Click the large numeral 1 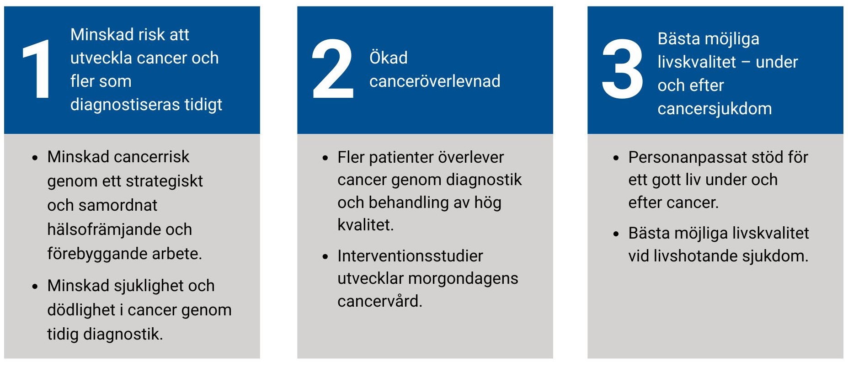tap(37, 69)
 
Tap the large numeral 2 tap(333, 69)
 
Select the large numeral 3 tap(622, 69)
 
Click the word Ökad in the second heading tap(388, 58)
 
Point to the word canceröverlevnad tap(435, 81)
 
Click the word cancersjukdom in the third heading tap(715, 109)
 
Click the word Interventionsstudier tap(410, 256)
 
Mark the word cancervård tap(380, 301)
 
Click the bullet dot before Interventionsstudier tap(325, 257)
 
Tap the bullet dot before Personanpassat tap(616, 158)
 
